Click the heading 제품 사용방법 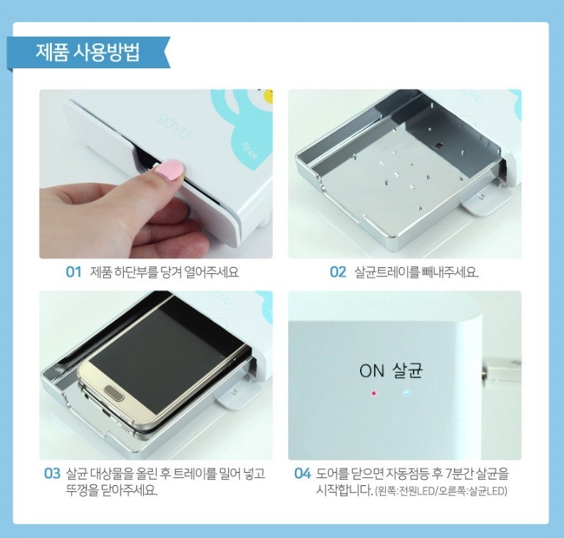coord(87,53)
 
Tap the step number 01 coord(74,272)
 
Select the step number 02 coord(338,272)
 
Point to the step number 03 coord(52,473)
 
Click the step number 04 coord(302,473)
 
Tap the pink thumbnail coord(169,170)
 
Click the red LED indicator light coord(374,393)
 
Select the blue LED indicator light coord(406,393)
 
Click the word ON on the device coord(372,371)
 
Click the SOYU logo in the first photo coord(175,127)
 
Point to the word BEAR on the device coord(249,150)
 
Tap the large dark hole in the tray coord(439,146)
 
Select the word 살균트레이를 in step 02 coord(387,272)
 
